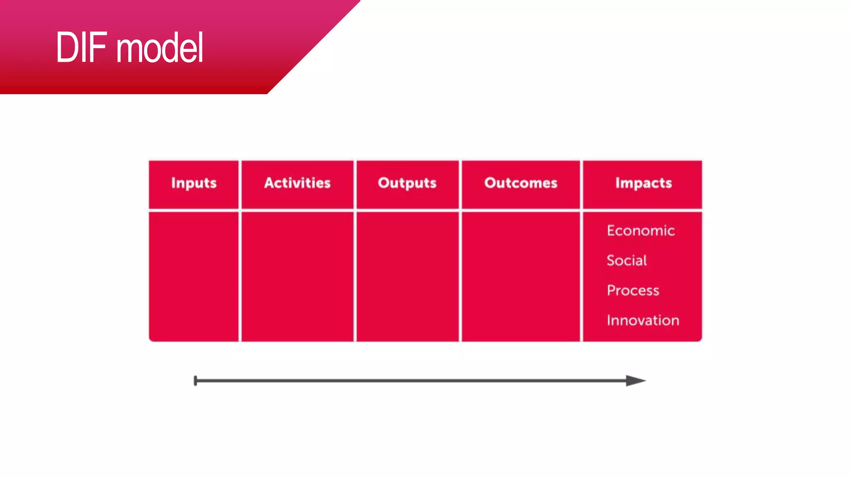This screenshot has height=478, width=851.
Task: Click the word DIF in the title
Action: (81, 48)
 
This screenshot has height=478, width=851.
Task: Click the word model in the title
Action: (160, 49)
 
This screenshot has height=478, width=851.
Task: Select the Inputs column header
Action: (194, 183)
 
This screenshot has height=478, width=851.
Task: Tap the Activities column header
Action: (298, 183)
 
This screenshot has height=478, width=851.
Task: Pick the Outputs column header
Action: (407, 183)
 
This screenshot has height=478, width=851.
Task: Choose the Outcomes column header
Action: (521, 183)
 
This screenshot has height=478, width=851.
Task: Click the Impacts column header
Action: (643, 183)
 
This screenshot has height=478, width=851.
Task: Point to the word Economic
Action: (640, 231)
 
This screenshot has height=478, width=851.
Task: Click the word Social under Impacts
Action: (627, 261)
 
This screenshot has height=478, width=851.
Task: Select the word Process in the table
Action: (633, 290)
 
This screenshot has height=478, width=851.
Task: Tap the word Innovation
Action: (643, 320)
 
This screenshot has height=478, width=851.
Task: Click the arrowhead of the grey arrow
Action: (635, 380)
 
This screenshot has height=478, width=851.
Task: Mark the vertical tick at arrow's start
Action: (195, 380)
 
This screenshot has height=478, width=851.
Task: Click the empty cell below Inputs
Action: (194, 276)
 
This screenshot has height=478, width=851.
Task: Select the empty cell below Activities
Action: (298, 276)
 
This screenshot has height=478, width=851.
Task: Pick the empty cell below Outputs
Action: (407, 276)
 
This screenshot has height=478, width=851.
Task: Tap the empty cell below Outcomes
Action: (521, 276)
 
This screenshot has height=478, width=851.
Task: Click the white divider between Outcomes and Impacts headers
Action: (581, 184)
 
